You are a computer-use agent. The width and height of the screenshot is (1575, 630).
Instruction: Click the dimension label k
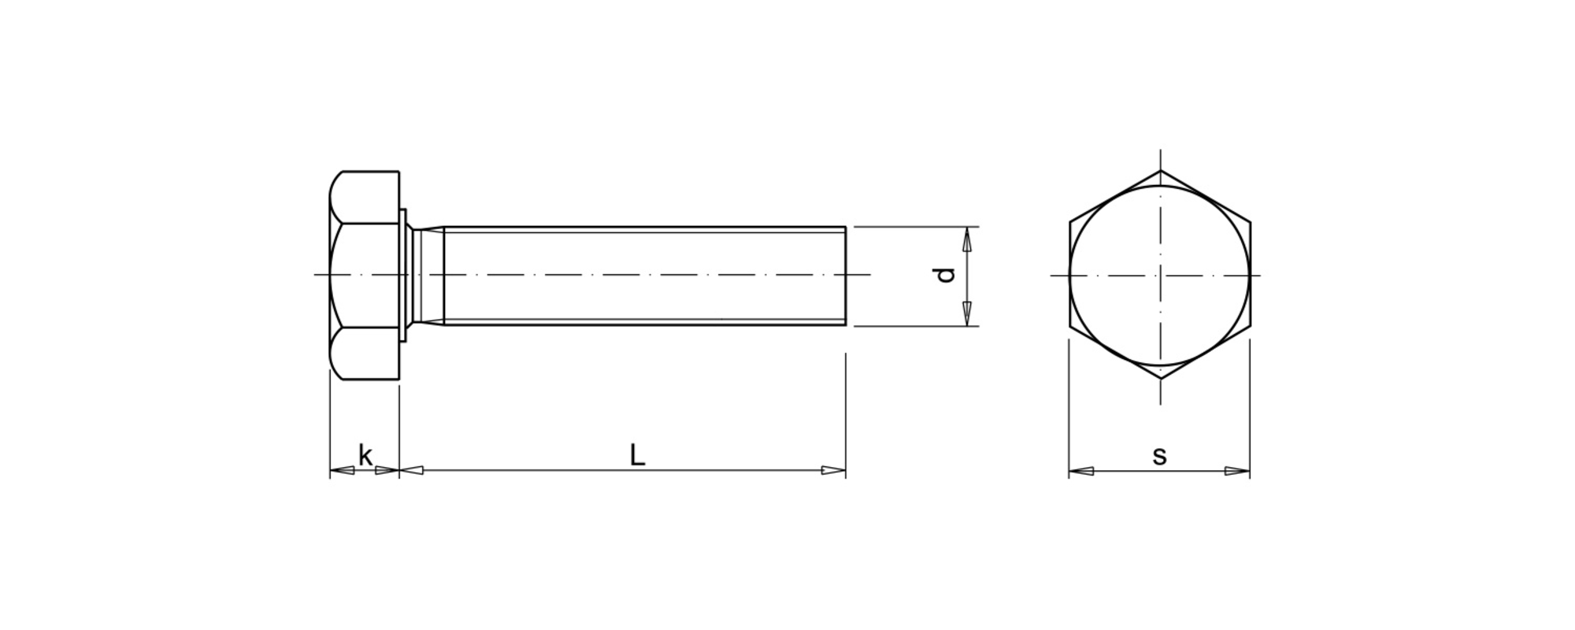point(365,455)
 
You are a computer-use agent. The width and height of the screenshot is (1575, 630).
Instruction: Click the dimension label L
point(637,454)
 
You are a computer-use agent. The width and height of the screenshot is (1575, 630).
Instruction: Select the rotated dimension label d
point(944,275)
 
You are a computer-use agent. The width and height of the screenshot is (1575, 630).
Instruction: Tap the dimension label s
point(1159,456)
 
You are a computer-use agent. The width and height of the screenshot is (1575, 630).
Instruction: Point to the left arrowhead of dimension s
point(1081,471)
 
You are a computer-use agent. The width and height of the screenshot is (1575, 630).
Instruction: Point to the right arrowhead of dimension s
point(1237,471)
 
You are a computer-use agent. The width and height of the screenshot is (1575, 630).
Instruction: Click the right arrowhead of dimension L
point(833,470)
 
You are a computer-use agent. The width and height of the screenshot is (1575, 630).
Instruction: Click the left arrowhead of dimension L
point(412,470)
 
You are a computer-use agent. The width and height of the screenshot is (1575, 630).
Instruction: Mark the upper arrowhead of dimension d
point(967,239)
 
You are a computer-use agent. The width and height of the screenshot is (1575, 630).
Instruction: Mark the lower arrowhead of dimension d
point(967,313)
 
